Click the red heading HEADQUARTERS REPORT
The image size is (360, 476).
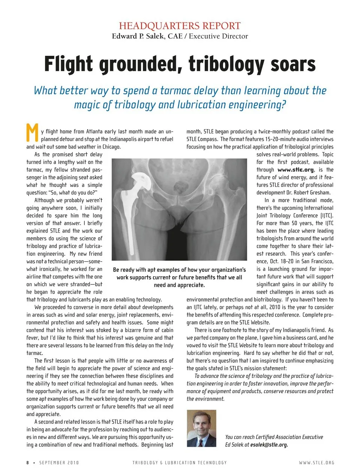(x=180, y=26)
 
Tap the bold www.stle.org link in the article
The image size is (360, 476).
(x=295, y=170)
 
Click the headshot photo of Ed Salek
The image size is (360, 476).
(x=201, y=428)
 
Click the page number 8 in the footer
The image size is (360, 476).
(x=27, y=463)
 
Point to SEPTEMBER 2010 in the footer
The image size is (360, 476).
(x=59, y=463)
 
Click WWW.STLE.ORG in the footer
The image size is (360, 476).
(x=316, y=463)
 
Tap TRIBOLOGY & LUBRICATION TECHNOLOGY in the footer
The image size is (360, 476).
(x=180, y=463)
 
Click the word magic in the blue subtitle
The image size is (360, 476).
(x=87, y=105)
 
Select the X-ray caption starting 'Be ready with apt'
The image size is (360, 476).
(x=179, y=277)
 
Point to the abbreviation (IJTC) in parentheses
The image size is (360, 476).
(x=326, y=216)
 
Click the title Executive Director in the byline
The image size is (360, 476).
(x=218, y=36)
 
